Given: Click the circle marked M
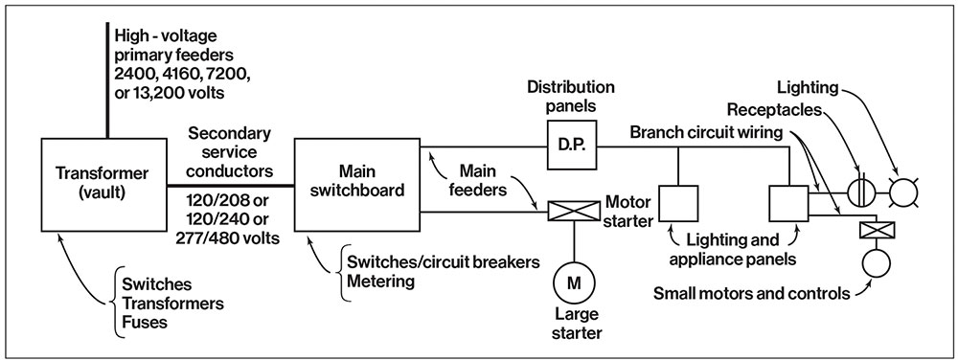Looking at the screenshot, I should pyautogui.click(x=574, y=283).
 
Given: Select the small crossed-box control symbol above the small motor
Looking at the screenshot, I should pyautogui.click(x=871, y=230).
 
